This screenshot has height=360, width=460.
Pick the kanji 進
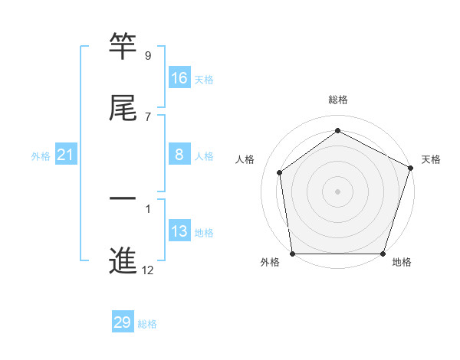pos(123,260)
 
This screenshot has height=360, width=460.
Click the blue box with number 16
pos(179,78)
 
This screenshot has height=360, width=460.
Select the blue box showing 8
pos(179,155)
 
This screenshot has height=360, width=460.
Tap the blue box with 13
pos(179,231)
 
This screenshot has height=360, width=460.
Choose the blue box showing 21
pos(66,155)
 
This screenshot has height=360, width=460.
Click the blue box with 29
pos(123,322)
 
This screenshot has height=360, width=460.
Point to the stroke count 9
pos(147,56)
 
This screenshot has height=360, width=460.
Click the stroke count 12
pos(148,270)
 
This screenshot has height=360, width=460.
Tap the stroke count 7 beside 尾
pos(147,116)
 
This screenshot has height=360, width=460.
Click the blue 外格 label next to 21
pos(41,156)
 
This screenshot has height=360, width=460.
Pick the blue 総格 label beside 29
pos(147,324)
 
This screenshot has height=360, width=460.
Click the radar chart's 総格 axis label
pos(337,100)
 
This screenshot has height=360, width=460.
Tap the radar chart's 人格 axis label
pos(245,159)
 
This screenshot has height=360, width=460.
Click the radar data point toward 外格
pos(292,254)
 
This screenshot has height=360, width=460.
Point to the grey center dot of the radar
pos(337,191)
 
